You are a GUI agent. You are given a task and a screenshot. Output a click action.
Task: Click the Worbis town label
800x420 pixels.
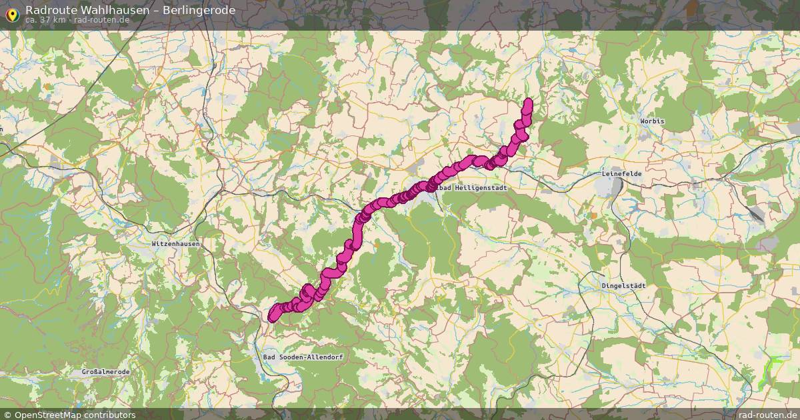653,121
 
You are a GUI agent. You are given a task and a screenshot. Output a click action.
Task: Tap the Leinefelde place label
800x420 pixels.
621,173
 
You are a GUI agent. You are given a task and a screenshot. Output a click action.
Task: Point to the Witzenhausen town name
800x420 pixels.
175,244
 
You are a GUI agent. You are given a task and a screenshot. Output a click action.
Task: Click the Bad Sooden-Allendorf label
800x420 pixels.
303,357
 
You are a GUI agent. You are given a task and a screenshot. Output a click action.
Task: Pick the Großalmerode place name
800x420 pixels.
105,371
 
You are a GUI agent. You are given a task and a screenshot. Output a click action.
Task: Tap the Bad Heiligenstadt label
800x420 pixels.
473,188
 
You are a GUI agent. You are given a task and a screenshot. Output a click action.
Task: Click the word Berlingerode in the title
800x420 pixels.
199,9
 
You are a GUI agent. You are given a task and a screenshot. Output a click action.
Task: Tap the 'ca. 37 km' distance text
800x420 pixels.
45,20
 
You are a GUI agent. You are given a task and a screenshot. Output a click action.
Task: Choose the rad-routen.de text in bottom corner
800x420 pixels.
767,415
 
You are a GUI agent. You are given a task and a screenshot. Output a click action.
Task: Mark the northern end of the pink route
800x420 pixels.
529,102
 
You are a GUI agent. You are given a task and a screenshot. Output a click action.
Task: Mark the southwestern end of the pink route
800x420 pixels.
272,317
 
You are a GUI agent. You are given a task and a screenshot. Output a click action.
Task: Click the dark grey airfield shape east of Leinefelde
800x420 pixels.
755,215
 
